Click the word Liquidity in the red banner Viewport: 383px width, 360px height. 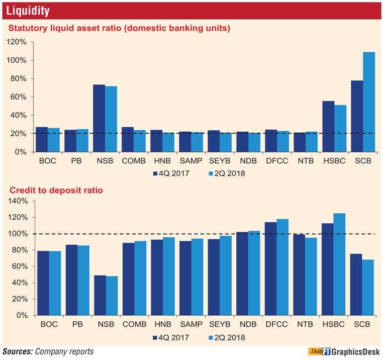coord(28,10)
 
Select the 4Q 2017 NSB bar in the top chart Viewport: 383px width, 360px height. coord(99,118)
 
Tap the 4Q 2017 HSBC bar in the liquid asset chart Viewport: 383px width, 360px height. coord(328,126)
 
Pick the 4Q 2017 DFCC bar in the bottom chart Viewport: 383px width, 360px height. coord(271,269)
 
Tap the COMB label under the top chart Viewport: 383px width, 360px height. coord(134,162)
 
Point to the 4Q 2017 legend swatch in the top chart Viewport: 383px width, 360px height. coord(155,174)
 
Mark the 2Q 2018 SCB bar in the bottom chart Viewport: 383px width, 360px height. coord(368,287)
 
